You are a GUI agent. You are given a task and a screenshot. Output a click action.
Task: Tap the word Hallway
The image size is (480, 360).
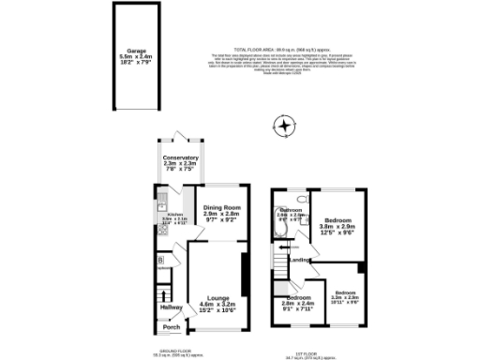click(171, 307)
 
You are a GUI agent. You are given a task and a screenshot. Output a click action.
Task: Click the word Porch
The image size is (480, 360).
click(171, 327)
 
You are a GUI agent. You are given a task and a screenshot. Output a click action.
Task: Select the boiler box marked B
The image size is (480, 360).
click(160, 259)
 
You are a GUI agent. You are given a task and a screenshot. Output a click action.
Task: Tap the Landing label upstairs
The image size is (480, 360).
click(299, 260)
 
